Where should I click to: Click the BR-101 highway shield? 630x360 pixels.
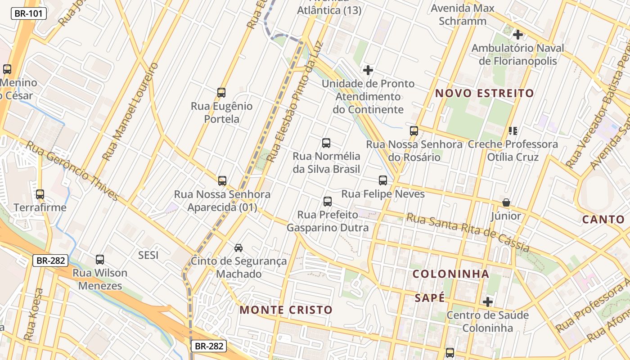[x=28, y=13]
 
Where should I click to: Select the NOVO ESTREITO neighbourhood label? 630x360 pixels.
[x=485, y=94]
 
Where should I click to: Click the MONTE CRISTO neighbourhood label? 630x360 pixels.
[x=286, y=310]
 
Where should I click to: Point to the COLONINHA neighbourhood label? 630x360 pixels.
[x=450, y=274]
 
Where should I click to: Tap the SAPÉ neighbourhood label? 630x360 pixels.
[x=429, y=298]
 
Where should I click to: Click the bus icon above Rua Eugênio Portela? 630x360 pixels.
[x=221, y=93]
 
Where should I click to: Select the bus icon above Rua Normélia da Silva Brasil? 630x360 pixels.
[x=326, y=143]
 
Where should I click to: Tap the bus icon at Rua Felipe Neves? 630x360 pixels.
[x=383, y=180]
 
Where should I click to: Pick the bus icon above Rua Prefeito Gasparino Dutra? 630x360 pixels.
[x=328, y=201]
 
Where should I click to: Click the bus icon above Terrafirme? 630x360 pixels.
[x=40, y=194]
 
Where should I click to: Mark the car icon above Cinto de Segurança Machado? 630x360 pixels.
[x=238, y=247]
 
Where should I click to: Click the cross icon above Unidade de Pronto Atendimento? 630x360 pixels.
[x=368, y=70]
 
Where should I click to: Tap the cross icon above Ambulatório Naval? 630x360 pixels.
[x=518, y=34]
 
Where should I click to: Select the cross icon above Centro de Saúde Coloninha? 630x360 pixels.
[x=487, y=301]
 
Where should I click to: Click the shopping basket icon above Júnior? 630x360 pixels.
[x=506, y=203]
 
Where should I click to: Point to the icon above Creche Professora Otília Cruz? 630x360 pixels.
[x=513, y=131]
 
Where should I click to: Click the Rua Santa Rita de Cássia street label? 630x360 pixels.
[x=468, y=232]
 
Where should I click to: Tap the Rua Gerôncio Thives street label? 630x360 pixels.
[x=72, y=171]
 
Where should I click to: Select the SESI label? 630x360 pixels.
[x=148, y=255]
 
